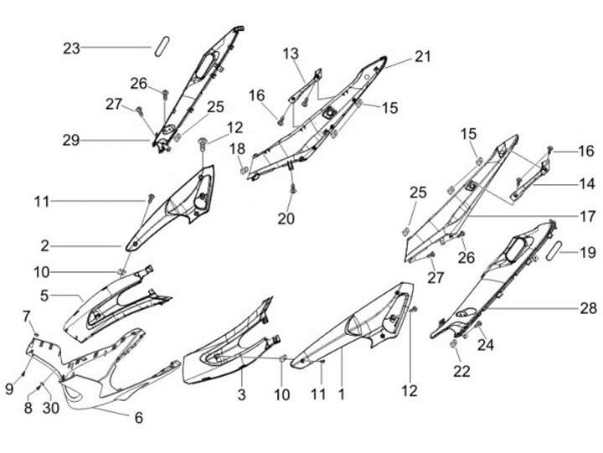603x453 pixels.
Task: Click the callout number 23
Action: pos(71,49)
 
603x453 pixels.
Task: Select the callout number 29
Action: pos(71,141)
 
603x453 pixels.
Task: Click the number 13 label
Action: pos(290,54)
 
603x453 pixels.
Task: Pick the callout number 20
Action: pos(286,219)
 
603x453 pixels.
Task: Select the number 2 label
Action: pos(44,246)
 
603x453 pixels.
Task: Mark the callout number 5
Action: pos(44,295)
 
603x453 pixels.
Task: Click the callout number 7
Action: pos(26,316)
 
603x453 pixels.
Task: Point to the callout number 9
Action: pos(10,389)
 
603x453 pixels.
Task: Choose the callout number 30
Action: pos(52,409)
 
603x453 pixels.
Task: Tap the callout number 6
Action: pos(138,417)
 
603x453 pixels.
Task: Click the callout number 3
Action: pos(241,394)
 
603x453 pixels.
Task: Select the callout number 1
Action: pos(341,393)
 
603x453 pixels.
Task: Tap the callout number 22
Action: pos(459,371)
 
